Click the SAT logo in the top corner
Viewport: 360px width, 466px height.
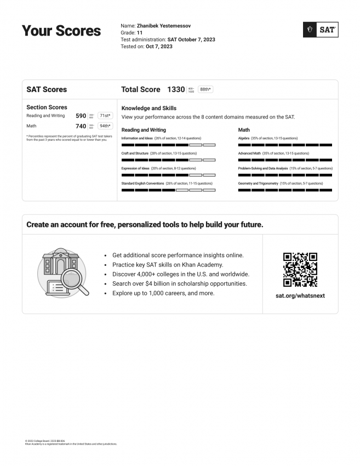[321, 30]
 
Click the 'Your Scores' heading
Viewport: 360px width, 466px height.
[61, 31]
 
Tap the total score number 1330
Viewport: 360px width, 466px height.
[176, 89]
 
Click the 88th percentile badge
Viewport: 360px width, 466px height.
[205, 89]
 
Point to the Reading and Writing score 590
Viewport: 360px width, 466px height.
[81, 116]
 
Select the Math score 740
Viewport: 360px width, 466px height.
[81, 126]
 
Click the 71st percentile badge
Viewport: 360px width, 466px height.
[105, 116]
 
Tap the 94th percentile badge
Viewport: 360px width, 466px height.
[105, 126]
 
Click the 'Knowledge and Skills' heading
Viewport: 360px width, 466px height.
[149, 109]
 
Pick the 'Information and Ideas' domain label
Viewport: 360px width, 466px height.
[137, 138]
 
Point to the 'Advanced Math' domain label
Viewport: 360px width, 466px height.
[249, 154]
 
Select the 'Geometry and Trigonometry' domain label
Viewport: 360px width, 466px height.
[258, 183]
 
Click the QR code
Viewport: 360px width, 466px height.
[300, 270]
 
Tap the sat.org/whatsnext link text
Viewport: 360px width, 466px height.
[300, 295]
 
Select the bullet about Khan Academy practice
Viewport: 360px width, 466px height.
[168, 265]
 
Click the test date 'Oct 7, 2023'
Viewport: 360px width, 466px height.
[159, 47]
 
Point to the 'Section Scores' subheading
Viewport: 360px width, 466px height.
[47, 107]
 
